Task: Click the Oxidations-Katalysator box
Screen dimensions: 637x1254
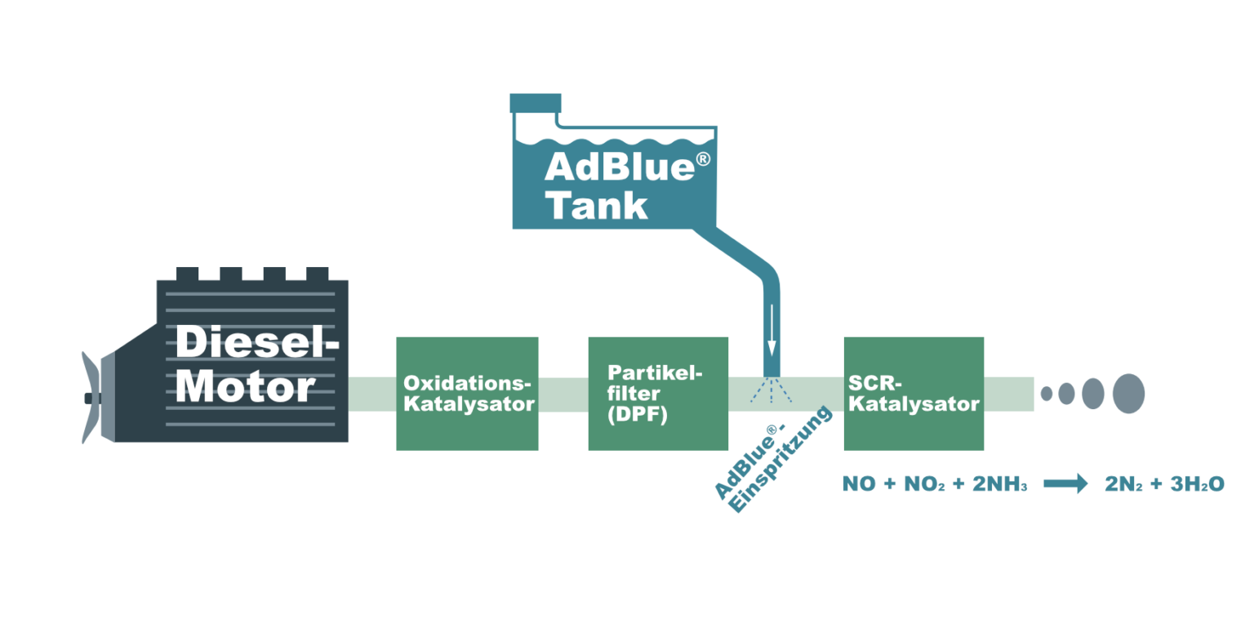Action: (467, 393)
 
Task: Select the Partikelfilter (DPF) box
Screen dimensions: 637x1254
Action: (658, 393)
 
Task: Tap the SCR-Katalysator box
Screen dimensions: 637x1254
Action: (914, 393)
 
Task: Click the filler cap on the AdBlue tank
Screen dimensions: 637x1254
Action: (535, 103)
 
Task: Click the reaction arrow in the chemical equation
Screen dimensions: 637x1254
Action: (1065, 484)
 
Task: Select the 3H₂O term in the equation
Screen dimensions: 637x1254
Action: (1197, 484)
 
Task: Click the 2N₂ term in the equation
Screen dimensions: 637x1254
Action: (1125, 484)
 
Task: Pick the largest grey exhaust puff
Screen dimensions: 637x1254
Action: (1128, 393)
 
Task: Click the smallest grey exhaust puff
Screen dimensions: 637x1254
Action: (1047, 393)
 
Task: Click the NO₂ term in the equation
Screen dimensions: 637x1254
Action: (925, 484)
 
